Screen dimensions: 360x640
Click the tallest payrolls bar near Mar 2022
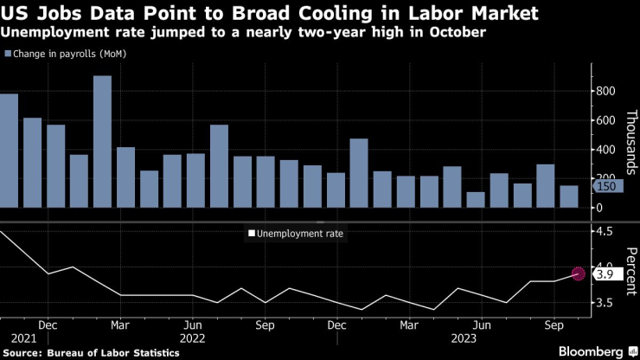(x=102, y=142)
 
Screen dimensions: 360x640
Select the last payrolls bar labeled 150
(x=568, y=196)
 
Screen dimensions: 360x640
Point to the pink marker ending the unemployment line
(x=579, y=274)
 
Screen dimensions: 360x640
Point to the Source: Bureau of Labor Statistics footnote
(x=95, y=352)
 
